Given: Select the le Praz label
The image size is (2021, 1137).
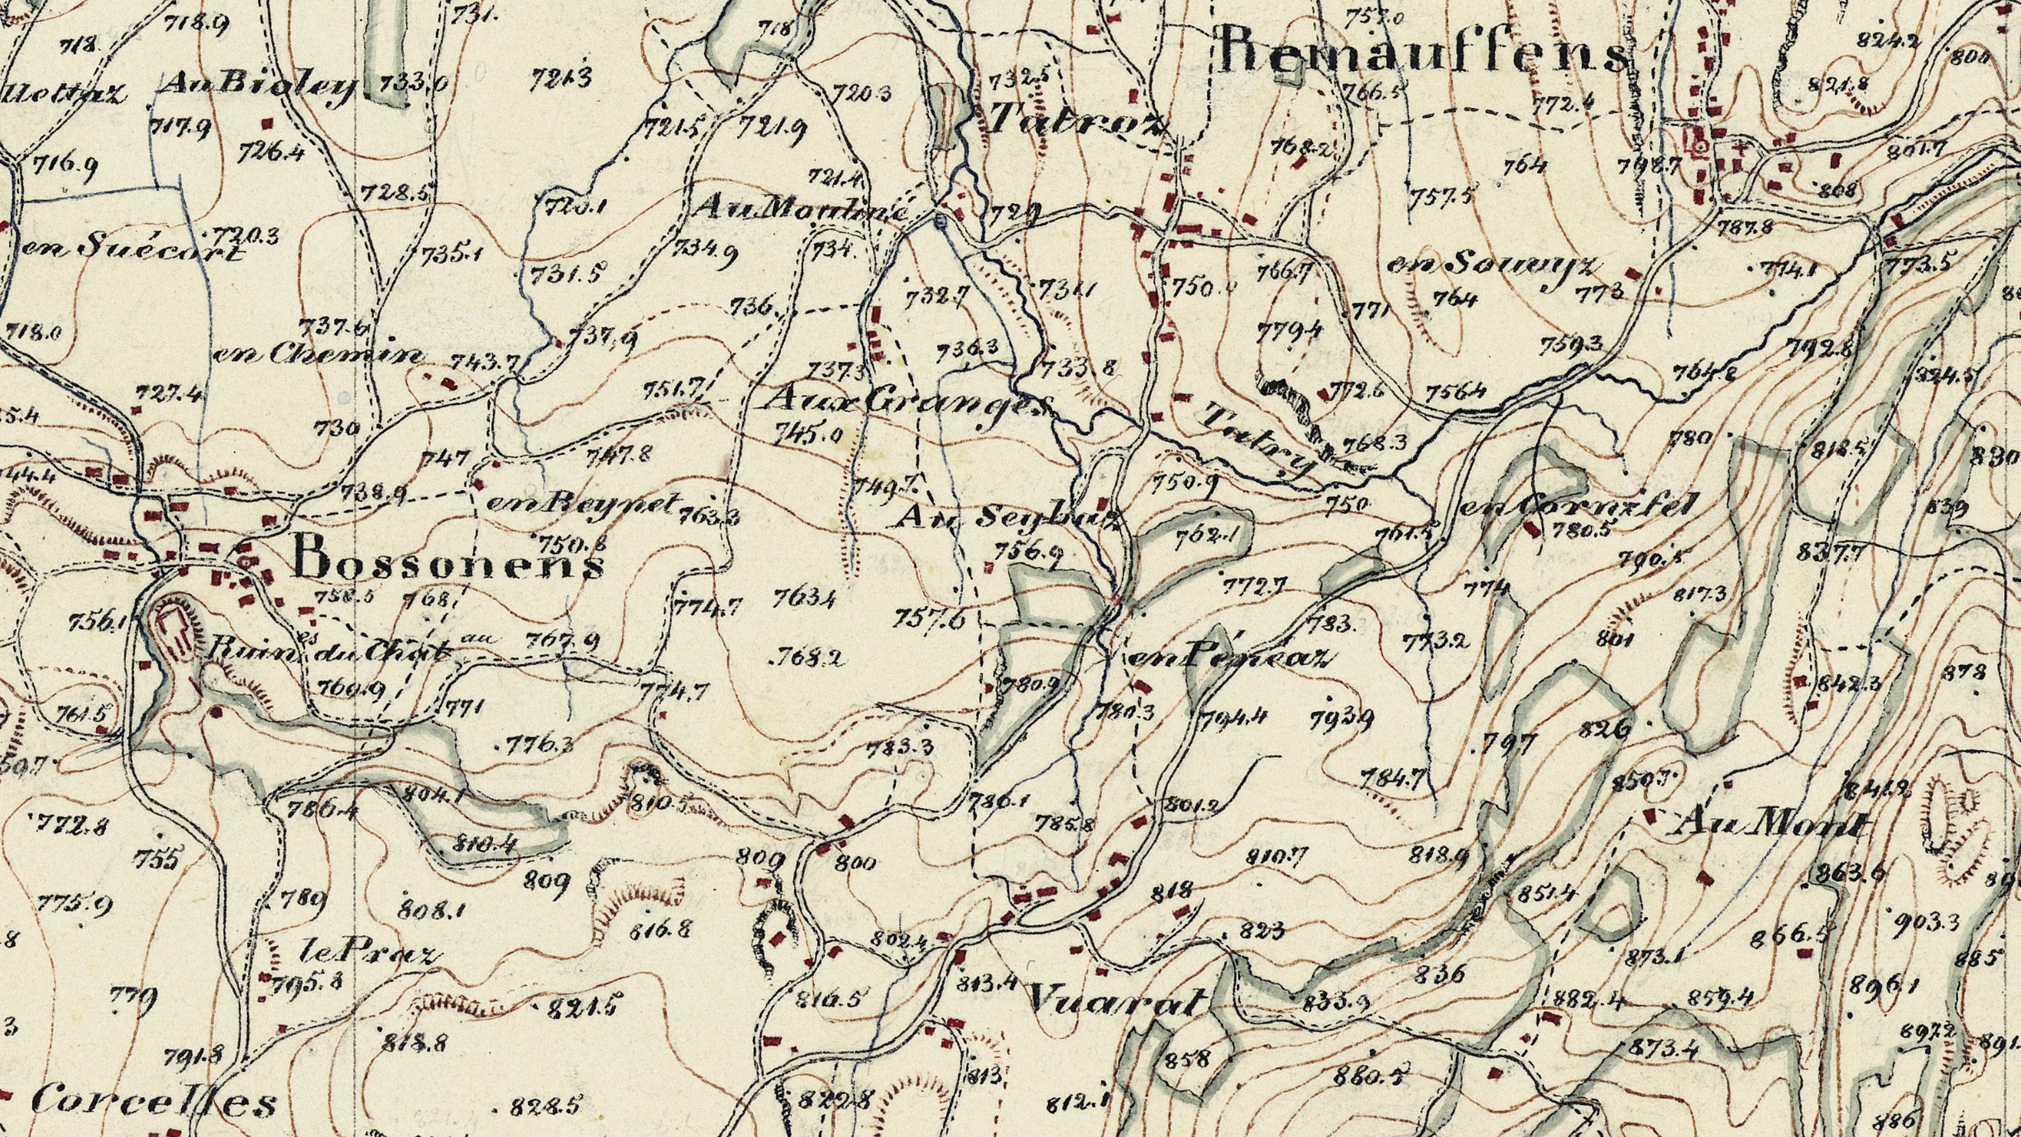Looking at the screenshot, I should pos(369,953).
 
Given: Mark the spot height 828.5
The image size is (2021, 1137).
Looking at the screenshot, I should pos(545,1107).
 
